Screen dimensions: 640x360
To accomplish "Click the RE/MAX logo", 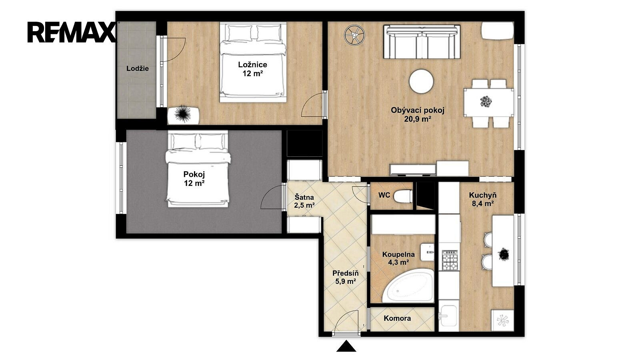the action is (x=72, y=32).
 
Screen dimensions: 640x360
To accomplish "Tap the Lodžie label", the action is (x=138, y=68).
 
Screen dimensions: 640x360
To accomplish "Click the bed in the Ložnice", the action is (x=253, y=62).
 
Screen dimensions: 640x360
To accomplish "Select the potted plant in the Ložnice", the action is (x=183, y=115).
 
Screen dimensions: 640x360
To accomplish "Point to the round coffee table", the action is (x=421, y=81).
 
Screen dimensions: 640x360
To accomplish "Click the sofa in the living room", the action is (x=422, y=42).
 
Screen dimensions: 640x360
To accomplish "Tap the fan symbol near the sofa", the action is (x=354, y=35).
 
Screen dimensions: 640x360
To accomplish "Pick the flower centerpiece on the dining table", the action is (x=486, y=102).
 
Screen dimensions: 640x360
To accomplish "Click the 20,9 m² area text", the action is (x=418, y=119).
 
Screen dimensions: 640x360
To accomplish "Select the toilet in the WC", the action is (x=403, y=196).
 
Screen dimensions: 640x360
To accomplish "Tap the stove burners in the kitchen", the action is (x=450, y=260).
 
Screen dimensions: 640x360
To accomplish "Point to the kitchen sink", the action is (x=448, y=316).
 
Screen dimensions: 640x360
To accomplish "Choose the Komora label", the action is (x=397, y=318).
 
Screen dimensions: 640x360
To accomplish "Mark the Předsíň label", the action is (x=346, y=274).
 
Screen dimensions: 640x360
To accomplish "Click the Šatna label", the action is (x=304, y=197).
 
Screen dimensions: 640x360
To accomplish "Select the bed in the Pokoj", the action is (x=198, y=169).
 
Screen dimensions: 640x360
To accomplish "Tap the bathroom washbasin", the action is (x=427, y=252).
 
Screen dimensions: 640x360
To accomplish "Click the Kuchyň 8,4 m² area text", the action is (x=483, y=200).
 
